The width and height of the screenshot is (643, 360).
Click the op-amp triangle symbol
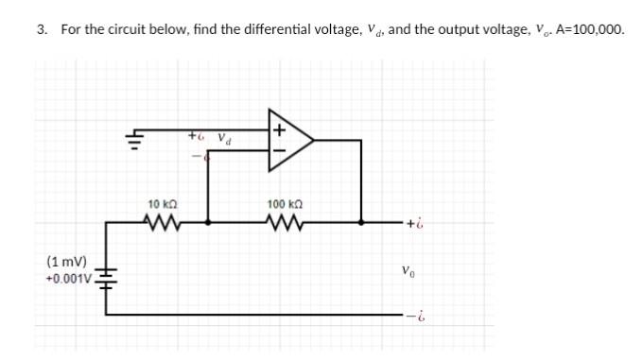287,140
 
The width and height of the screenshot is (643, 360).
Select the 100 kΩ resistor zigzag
284,223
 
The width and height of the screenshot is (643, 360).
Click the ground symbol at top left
132,143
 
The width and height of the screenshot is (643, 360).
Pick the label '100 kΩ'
284,204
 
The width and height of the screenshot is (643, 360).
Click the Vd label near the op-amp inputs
225,138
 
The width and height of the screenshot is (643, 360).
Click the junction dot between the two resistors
208,223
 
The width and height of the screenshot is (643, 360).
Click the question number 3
41,29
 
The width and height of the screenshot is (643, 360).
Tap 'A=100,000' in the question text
590,29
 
